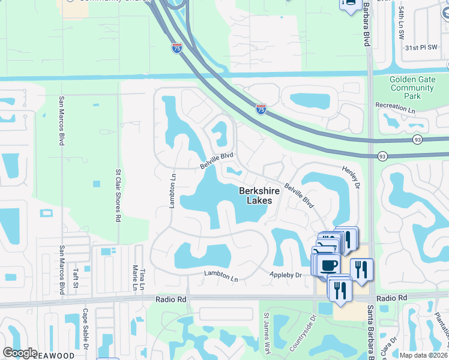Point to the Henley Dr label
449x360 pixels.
coord(352,174)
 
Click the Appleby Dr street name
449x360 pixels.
coord(285,275)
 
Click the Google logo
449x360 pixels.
coord(20,353)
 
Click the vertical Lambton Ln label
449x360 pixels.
coord(172,191)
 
